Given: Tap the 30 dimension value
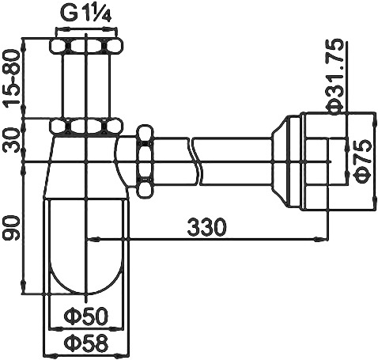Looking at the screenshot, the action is [x=11, y=140].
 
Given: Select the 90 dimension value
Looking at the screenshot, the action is [x=11, y=228].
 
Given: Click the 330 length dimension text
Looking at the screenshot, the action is [x=207, y=227].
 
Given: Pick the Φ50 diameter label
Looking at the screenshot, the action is [x=86, y=316].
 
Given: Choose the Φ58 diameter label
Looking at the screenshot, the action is [x=86, y=343].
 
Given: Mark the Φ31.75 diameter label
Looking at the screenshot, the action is [x=335, y=76].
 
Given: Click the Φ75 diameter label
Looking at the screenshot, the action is [x=364, y=161].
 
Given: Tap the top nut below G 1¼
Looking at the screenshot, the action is [x=86, y=47].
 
